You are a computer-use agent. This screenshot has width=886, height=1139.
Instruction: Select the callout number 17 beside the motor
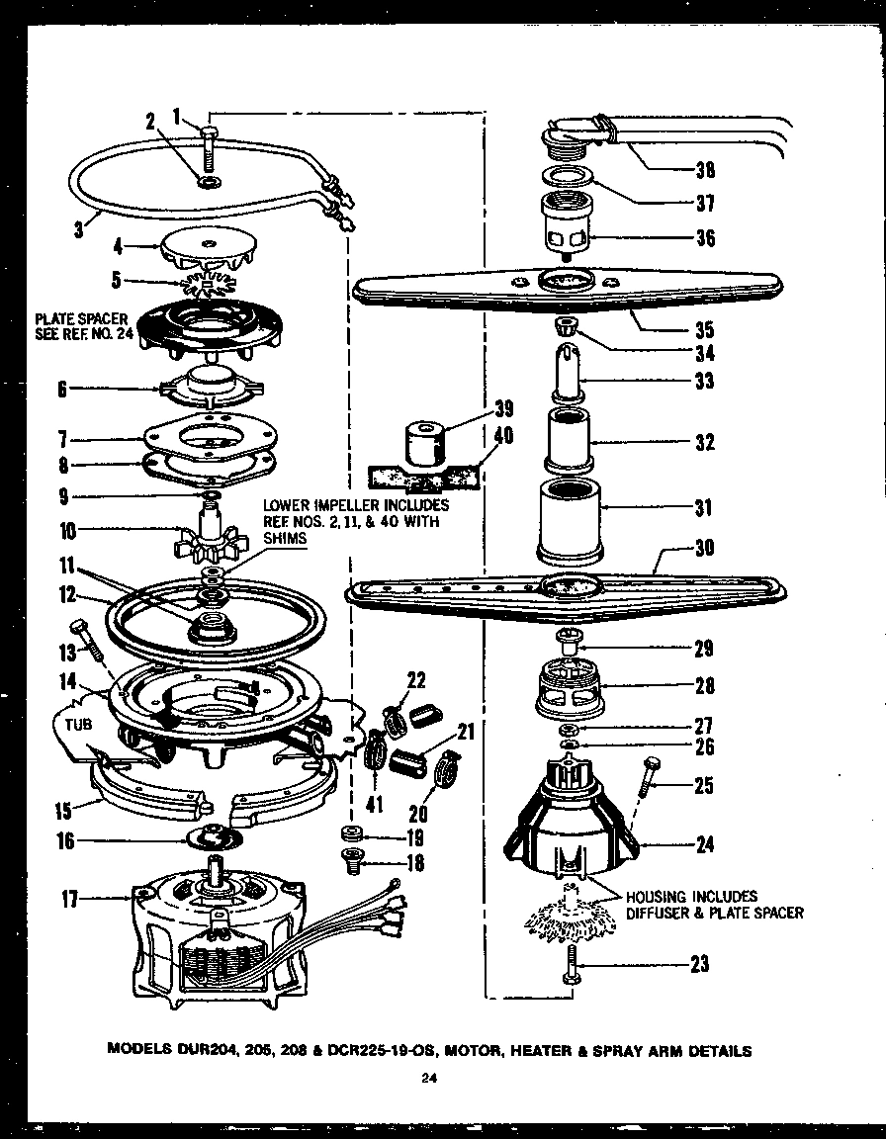70,899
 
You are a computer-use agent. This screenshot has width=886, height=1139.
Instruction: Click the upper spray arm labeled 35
564,288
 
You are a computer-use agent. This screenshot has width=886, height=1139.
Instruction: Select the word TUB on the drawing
78,724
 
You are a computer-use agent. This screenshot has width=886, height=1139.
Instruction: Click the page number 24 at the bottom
427,1080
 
